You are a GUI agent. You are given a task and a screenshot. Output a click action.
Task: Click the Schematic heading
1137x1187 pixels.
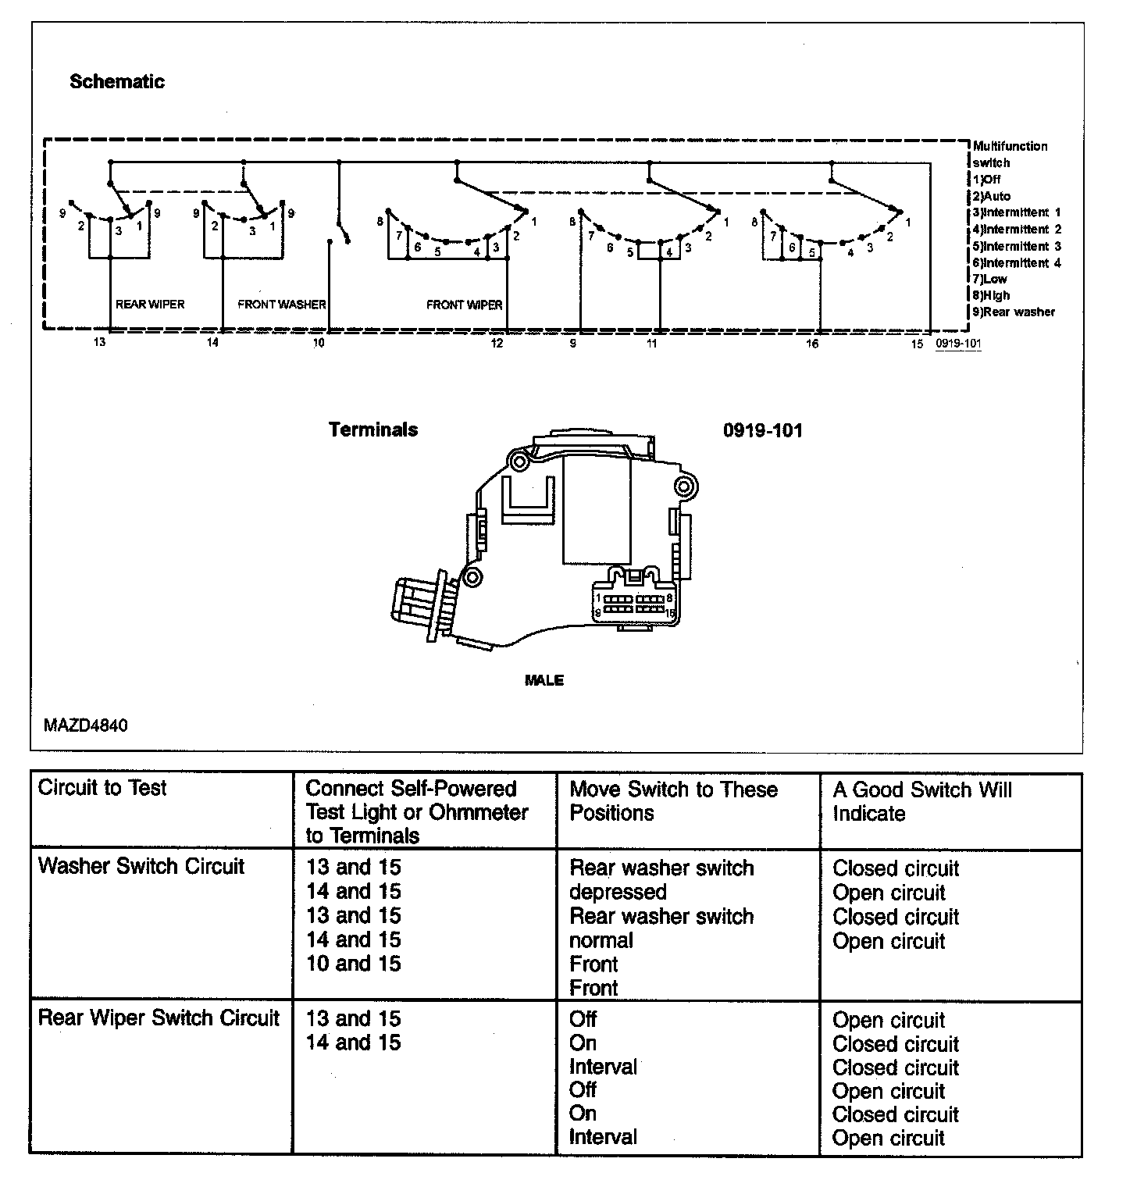click(117, 82)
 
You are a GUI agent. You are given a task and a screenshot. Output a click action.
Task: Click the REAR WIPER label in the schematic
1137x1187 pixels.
click(150, 305)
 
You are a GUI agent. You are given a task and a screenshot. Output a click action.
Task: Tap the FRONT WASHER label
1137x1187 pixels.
click(281, 305)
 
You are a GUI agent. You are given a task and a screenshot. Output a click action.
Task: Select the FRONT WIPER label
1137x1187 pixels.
click(464, 305)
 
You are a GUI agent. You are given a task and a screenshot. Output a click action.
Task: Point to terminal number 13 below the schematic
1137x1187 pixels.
click(99, 344)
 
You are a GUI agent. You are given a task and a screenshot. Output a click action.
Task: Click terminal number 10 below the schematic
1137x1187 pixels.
click(319, 344)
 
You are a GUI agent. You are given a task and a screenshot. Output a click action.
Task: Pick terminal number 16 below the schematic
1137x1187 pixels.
click(812, 344)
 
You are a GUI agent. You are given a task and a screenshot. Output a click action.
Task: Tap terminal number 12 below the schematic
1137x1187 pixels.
click(497, 344)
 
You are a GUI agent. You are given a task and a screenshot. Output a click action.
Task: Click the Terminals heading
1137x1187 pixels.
click(373, 430)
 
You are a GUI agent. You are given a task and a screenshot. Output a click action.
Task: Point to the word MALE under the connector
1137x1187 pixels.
click(544, 680)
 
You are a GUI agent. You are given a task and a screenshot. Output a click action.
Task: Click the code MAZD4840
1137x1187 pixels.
click(86, 725)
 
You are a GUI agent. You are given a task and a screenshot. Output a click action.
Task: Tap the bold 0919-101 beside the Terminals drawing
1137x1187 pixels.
click(762, 430)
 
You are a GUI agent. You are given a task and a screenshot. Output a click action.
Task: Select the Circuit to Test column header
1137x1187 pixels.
click(102, 788)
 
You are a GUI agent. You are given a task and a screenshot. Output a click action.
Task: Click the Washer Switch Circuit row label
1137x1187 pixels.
click(141, 866)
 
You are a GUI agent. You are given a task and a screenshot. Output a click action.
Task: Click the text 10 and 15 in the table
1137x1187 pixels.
click(353, 964)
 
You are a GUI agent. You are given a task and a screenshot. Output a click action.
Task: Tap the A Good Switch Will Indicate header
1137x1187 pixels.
click(921, 801)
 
